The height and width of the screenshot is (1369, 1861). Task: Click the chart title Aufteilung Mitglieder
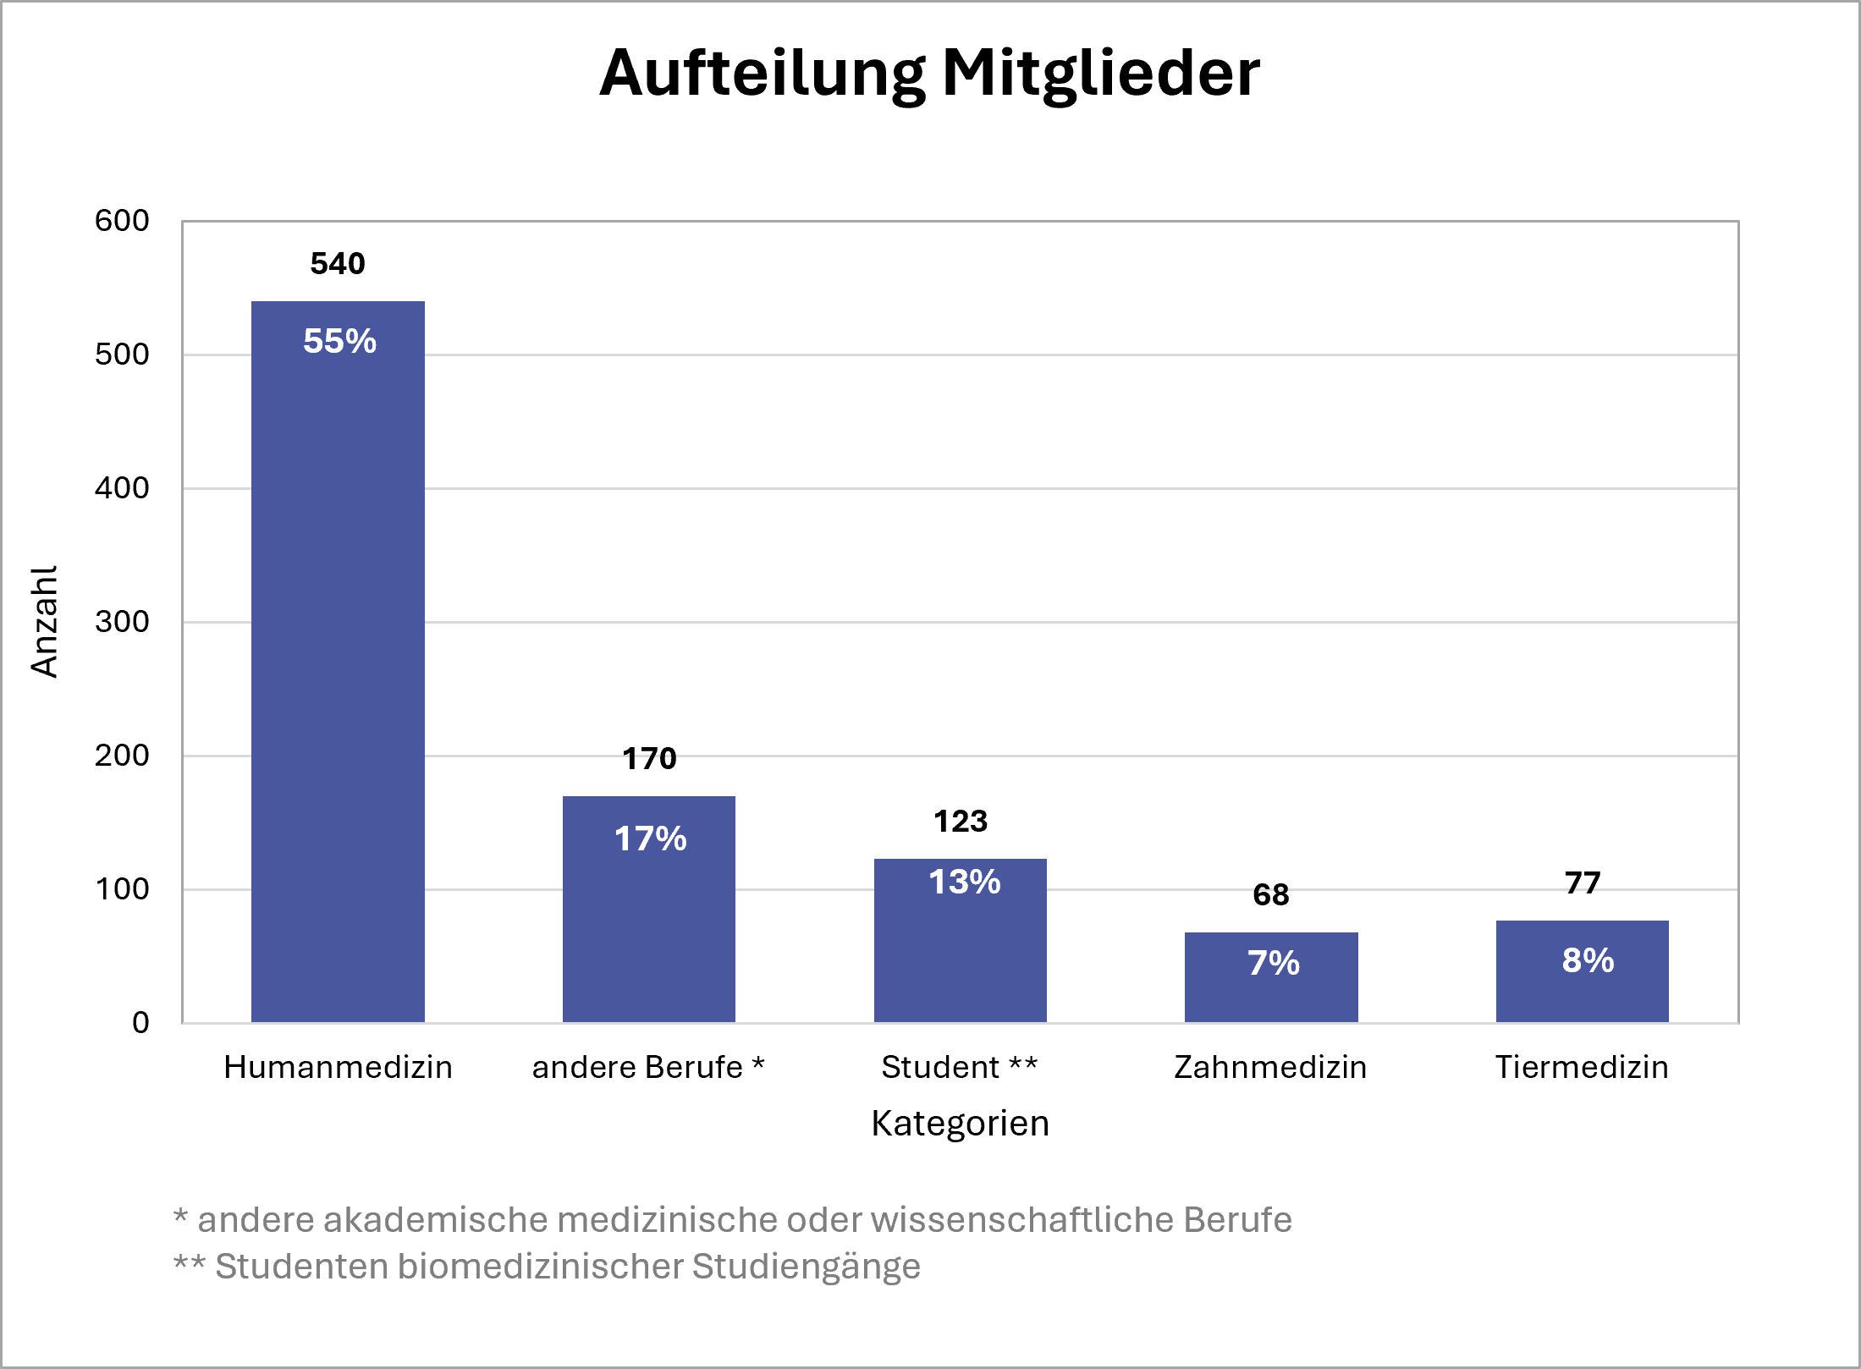click(929, 74)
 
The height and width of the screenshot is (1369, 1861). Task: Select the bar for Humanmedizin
click(338, 677)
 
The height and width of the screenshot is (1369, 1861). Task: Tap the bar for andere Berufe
click(649, 931)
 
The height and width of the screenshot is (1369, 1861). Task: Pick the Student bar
click(960, 956)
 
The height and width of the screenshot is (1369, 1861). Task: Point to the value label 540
click(338, 264)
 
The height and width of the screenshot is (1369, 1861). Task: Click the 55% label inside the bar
click(339, 341)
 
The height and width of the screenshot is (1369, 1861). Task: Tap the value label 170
click(649, 759)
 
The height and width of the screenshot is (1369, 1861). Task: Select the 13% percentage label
click(964, 882)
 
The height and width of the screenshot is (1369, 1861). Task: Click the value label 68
click(1271, 895)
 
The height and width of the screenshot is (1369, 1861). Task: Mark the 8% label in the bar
click(1588, 960)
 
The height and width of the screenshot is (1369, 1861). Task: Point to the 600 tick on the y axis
click(122, 221)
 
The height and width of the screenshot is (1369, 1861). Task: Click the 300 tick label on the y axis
click(122, 622)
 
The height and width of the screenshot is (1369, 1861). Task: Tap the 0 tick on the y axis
click(140, 1023)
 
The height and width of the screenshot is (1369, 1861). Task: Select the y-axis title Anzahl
click(44, 622)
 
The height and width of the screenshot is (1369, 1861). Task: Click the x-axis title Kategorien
click(960, 1124)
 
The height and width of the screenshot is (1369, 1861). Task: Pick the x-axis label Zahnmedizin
click(1270, 1068)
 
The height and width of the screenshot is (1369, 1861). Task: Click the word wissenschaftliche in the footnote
click(1022, 1220)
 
